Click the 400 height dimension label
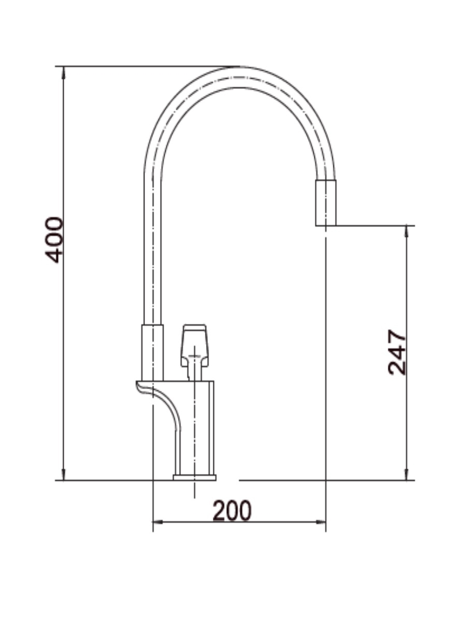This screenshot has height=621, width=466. coord(54,240)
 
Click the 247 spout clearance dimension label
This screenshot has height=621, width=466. coord(397,352)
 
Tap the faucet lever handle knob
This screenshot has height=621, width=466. coord(194,345)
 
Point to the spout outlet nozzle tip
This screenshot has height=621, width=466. coord(326,203)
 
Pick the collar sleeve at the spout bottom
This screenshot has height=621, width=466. coord(153,353)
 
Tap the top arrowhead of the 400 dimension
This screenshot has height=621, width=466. coord(63,72)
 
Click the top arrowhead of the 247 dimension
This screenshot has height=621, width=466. coord(406,232)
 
